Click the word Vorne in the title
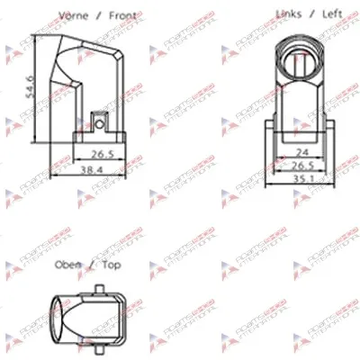[75, 15]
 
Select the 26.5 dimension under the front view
[101, 153]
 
